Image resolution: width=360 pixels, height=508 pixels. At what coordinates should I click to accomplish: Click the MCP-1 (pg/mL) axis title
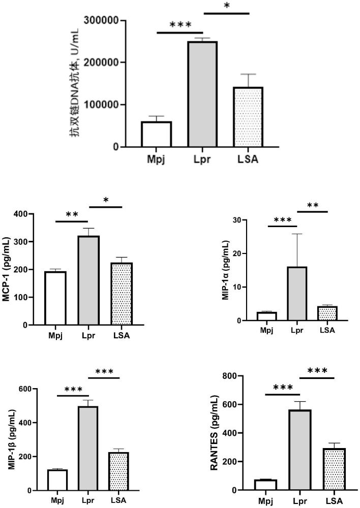[x=7, y=269]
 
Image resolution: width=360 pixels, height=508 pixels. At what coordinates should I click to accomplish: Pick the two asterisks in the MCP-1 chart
[x=72, y=215]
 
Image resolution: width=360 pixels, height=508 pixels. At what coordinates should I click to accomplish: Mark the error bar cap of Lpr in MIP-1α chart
[x=297, y=234]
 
